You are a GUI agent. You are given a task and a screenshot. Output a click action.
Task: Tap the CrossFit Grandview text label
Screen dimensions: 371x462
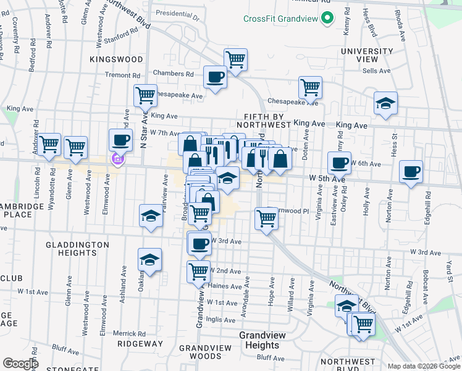(x=281, y=19)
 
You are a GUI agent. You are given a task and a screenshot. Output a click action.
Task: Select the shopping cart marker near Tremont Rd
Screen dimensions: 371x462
(x=235, y=60)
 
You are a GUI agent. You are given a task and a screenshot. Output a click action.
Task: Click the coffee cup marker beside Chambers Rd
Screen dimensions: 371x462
(x=215, y=77)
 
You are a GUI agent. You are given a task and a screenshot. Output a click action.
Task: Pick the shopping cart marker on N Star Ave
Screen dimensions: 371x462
(x=145, y=96)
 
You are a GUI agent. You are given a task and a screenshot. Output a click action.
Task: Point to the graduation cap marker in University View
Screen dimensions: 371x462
(x=385, y=103)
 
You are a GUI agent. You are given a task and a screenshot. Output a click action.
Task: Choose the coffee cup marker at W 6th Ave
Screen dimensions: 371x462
(x=339, y=163)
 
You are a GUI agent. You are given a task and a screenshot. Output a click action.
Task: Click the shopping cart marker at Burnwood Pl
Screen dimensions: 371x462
(x=266, y=218)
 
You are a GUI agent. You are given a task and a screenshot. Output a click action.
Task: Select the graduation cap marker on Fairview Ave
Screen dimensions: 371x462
(x=151, y=216)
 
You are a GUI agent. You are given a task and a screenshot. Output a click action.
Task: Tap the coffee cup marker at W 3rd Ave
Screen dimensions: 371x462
(x=198, y=243)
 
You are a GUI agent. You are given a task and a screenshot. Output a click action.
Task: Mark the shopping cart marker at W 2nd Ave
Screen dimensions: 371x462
(x=198, y=271)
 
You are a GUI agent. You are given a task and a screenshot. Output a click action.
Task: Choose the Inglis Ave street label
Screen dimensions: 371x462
(x=220, y=320)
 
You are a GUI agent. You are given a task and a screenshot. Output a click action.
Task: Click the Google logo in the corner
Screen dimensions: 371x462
(x=20, y=363)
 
